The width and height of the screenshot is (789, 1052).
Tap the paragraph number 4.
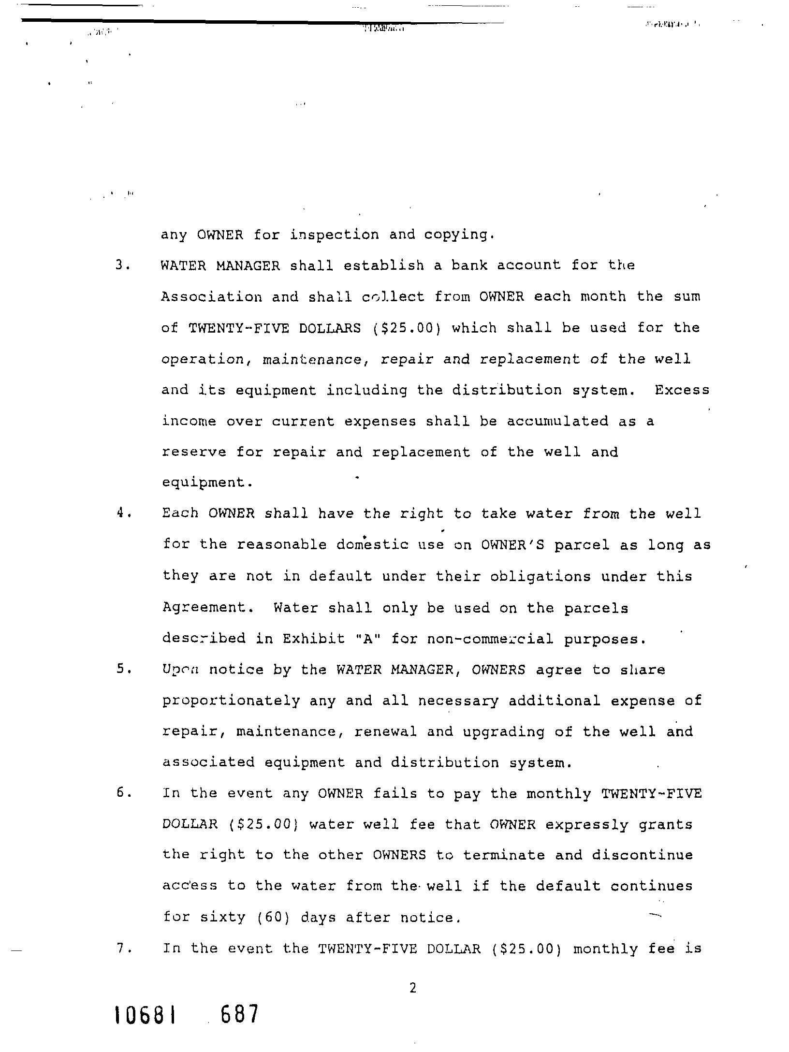pos(121,513)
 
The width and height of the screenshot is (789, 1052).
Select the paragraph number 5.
pos(121,670)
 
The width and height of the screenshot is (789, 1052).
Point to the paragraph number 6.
pos(121,793)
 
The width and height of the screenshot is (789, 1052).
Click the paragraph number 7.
pos(121,949)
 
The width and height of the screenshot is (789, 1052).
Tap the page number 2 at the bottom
pos(412,989)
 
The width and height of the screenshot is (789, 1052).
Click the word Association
pos(211,297)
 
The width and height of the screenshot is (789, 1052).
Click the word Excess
pos(682,390)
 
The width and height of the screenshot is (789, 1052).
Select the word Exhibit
pos(314,639)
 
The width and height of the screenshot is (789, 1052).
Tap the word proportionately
pos(231,701)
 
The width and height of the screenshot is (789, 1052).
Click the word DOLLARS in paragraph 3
pos(330,328)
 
